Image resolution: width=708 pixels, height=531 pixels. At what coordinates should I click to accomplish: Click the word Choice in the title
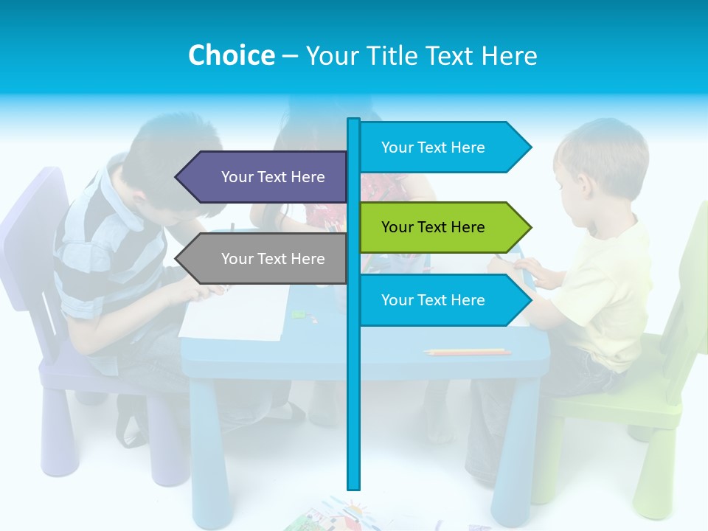pos(231,55)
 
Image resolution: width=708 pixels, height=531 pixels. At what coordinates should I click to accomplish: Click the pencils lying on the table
pos(468,352)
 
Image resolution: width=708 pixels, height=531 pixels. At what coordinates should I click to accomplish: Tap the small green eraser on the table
pos(297,313)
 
